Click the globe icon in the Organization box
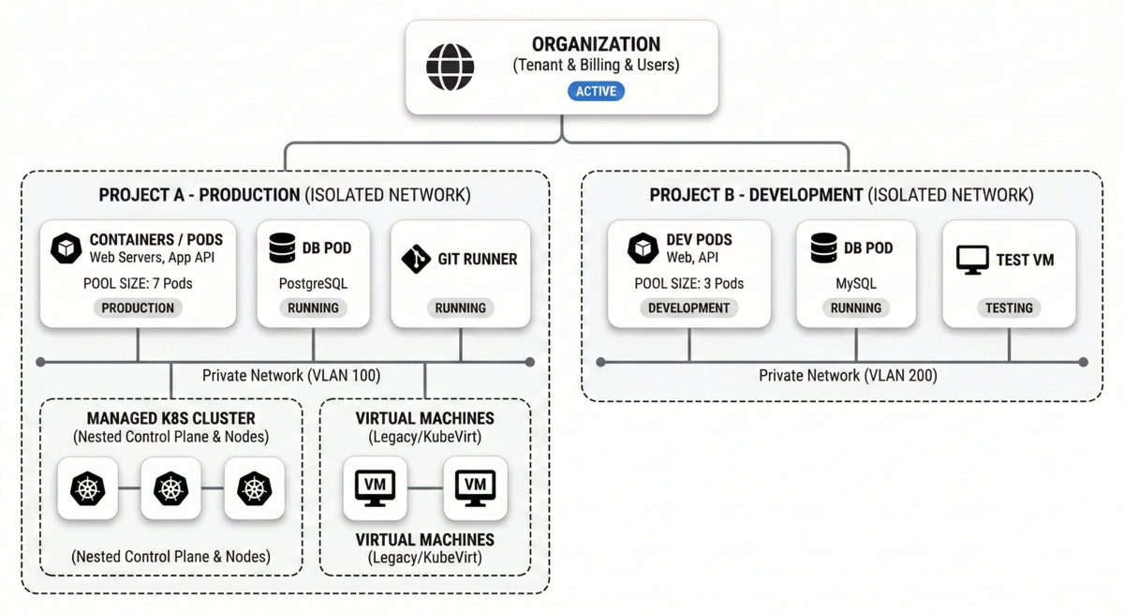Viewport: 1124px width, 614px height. click(x=451, y=67)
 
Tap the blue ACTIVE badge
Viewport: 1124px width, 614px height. click(x=596, y=91)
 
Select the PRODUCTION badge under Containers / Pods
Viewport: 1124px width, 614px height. click(x=138, y=307)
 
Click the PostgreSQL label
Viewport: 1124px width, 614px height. click(x=313, y=282)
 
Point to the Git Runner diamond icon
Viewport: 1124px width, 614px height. click(x=416, y=259)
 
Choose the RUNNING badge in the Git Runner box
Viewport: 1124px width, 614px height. click(x=460, y=307)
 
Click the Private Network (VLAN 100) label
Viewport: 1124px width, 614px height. click(x=291, y=376)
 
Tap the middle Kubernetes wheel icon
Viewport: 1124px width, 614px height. click(x=170, y=488)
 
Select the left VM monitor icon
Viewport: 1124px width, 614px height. click(x=375, y=487)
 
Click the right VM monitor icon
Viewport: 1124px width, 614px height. click(x=475, y=487)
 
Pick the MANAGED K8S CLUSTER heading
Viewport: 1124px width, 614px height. click(x=170, y=418)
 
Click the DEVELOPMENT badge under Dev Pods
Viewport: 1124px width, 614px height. click(x=688, y=307)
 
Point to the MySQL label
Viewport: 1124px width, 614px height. click(x=855, y=282)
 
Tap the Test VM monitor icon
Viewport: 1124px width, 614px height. click(x=972, y=260)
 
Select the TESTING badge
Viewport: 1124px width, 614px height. click(x=1009, y=307)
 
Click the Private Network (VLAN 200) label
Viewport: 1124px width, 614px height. click(x=848, y=376)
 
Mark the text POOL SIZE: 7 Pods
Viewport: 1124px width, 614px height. click(x=138, y=283)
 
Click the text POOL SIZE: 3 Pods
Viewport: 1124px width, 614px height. click(x=688, y=283)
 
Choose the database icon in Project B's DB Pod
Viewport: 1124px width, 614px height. click(x=824, y=248)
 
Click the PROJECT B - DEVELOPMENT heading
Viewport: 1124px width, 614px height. click(x=755, y=195)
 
